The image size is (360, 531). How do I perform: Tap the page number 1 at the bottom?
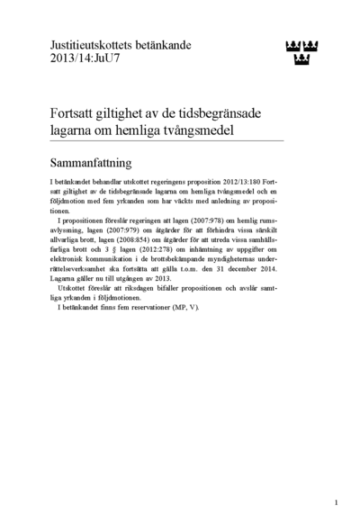336,502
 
